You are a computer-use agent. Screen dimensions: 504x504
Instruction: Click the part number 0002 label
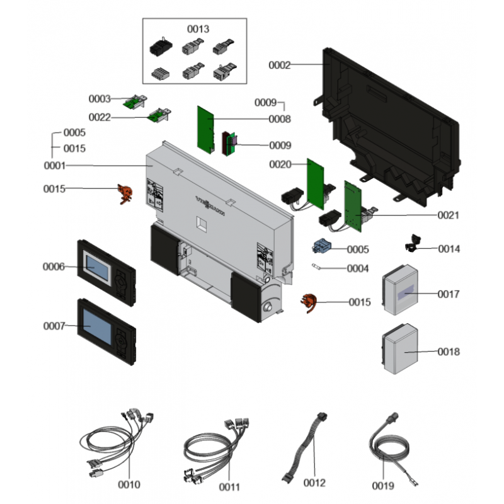[280, 65]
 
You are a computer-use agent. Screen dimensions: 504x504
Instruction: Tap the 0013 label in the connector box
[198, 29]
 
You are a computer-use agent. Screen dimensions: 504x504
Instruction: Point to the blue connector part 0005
[323, 246]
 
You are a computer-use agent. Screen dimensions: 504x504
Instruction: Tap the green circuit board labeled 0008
[205, 128]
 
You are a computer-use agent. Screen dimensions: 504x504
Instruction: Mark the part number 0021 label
[449, 215]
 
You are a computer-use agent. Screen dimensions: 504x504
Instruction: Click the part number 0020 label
[280, 164]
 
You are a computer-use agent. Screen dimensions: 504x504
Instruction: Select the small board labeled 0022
[157, 115]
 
